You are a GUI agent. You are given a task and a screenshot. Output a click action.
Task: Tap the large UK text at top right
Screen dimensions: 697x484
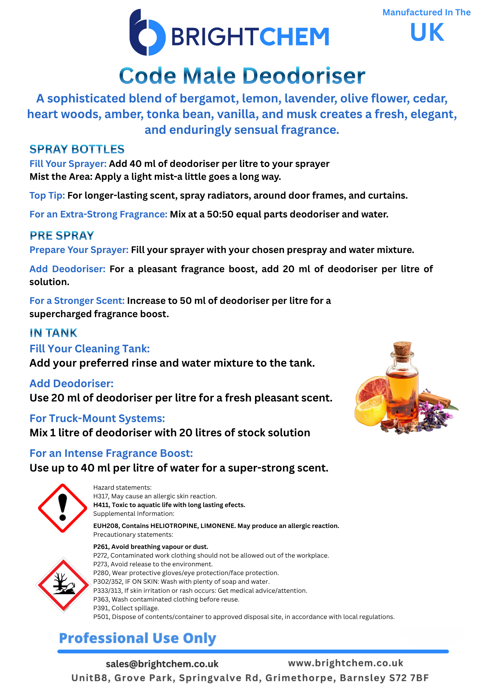[427, 32]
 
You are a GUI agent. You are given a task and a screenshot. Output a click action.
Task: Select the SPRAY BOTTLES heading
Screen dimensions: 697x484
[77, 149]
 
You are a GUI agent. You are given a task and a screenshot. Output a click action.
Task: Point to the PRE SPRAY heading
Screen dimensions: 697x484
[62, 236]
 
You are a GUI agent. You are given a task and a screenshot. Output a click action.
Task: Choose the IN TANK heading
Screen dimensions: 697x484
[53, 333]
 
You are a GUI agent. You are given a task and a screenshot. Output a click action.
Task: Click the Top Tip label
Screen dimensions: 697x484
[47, 196]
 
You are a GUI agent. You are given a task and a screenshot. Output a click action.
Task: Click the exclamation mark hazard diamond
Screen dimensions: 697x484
[62, 508]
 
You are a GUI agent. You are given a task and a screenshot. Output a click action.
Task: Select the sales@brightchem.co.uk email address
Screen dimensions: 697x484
[162, 664]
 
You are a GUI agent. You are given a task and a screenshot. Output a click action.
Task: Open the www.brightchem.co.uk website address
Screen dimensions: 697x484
[345, 663]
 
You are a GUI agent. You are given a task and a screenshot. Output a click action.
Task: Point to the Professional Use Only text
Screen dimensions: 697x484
[138, 638]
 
